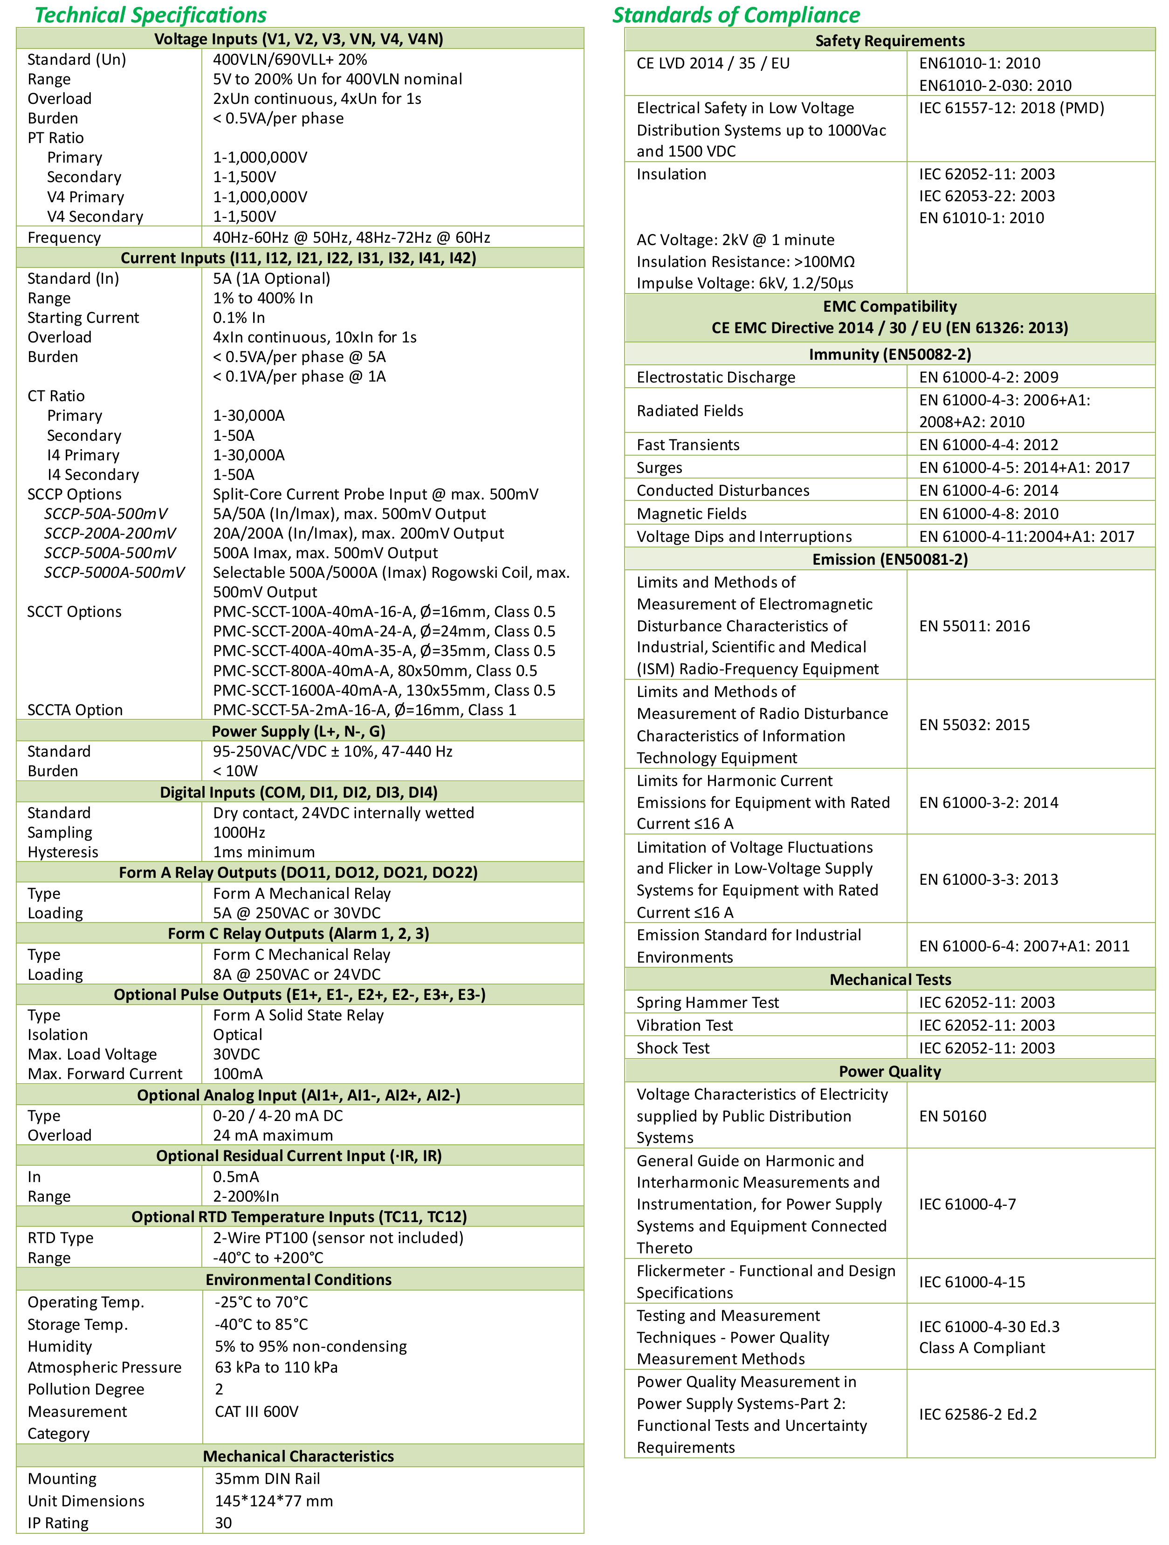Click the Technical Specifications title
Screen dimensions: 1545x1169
pos(150,14)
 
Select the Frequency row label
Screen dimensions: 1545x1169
pos(64,238)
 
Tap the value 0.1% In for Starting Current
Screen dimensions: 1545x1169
pos(239,318)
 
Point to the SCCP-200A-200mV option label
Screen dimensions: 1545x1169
pos(110,533)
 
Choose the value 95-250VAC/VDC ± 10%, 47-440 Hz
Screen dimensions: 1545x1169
pos(333,752)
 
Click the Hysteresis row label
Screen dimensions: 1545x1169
pos(63,852)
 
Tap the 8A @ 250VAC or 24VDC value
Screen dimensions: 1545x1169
pos(297,974)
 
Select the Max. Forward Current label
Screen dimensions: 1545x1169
pos(105,1073)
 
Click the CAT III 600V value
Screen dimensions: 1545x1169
pos(256,1412)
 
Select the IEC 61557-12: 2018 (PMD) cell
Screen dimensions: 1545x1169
pos(1011,108)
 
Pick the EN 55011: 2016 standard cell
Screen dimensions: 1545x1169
pos(974,626)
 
